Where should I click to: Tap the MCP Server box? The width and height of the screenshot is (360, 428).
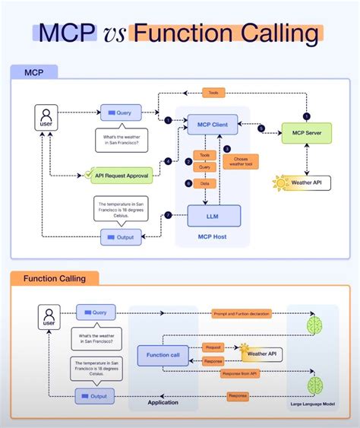pyautogui.click(x=307, y=133)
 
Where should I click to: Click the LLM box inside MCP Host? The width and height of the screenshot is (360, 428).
pyautogui.click(x=213, y=216)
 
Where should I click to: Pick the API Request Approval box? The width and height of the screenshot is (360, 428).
pyautogui.click(x=121, y=175)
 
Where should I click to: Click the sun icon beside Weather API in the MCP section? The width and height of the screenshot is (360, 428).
pyautogui.click(x=279, y=183)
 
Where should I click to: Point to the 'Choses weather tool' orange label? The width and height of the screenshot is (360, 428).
pyautogui.click(x=241, y=161)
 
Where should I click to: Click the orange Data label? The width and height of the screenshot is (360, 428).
pyautogui.click(x=205, y=183)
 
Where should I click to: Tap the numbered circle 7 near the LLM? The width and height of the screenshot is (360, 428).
pyautogui.click(x=169, y=216)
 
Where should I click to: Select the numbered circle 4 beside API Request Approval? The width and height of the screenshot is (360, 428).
pyautogui.click(x=169, y=161)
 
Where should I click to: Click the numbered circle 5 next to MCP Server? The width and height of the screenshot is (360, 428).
pyautogui.click(x=261, y=128)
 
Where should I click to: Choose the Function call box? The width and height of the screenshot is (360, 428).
pyautogui.click(x=163, y=355)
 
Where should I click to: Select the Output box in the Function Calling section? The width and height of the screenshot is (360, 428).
pyautogui.click(x=95, y=396)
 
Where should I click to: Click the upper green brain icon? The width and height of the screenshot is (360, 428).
pyautogui.click(x=314, y=324)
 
